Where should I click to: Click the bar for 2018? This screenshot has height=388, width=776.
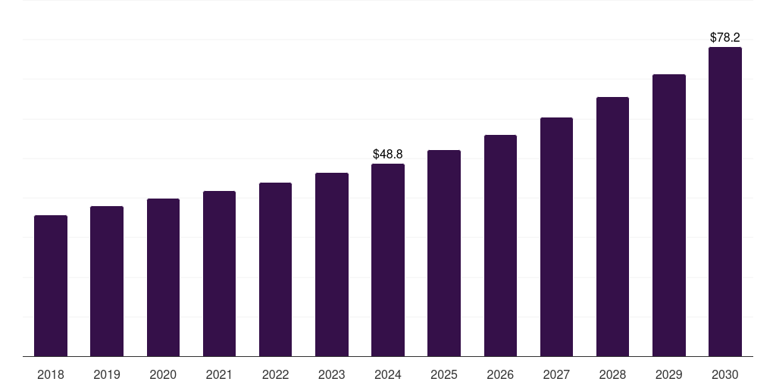[x=51, y=286]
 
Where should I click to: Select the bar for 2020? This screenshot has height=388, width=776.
[x=163, y=277]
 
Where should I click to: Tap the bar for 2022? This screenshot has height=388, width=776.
[x=275, y=269]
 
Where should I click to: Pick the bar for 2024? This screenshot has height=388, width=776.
[x=388, y=260]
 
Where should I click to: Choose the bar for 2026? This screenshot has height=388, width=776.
[x=500, y=246]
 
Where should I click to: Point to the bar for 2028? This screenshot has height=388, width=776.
[x=612, y=227]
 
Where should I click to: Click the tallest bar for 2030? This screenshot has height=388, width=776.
[x=724, y=202]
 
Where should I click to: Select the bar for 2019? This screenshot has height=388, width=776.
[x=107, y=281]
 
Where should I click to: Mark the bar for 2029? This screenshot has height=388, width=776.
[x=668, y=215]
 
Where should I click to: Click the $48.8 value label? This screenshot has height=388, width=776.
[x=388, y=155]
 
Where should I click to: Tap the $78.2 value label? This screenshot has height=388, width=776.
[x=724, y=37]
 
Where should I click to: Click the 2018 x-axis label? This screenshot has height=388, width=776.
[x=51, y=374]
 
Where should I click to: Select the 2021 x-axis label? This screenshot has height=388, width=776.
[x=219, y=374]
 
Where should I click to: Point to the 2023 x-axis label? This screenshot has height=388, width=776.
[x=331, y=374]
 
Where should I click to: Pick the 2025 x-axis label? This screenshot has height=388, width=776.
[x=444, y=374]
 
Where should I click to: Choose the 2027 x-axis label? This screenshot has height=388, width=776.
[x=556, y=374]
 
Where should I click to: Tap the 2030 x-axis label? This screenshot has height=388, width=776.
[x=724, y=374]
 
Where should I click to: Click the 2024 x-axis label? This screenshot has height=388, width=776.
[x=388, y=374]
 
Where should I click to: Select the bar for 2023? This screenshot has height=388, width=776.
[x=331, y=264]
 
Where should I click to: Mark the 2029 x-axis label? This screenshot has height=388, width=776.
[x=668, y=374]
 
